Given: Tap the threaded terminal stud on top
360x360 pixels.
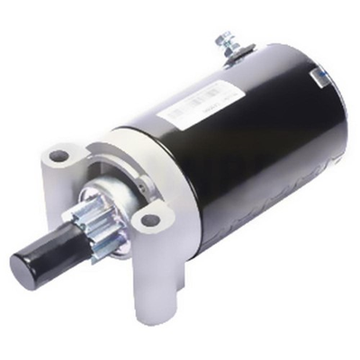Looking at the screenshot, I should click(224, 40).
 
